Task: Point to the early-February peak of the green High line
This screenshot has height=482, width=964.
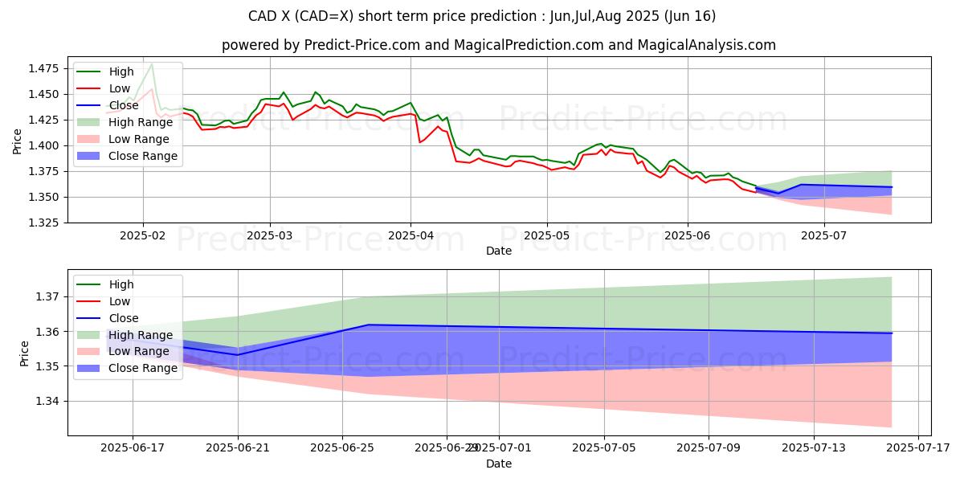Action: click(152, 63)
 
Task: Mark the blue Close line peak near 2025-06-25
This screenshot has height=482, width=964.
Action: click(368, 325)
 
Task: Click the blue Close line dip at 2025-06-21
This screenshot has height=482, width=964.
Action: click(238, 354)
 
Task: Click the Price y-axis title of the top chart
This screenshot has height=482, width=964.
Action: click(18, 141)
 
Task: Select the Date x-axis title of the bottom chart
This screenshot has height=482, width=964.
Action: click(499, 464)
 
